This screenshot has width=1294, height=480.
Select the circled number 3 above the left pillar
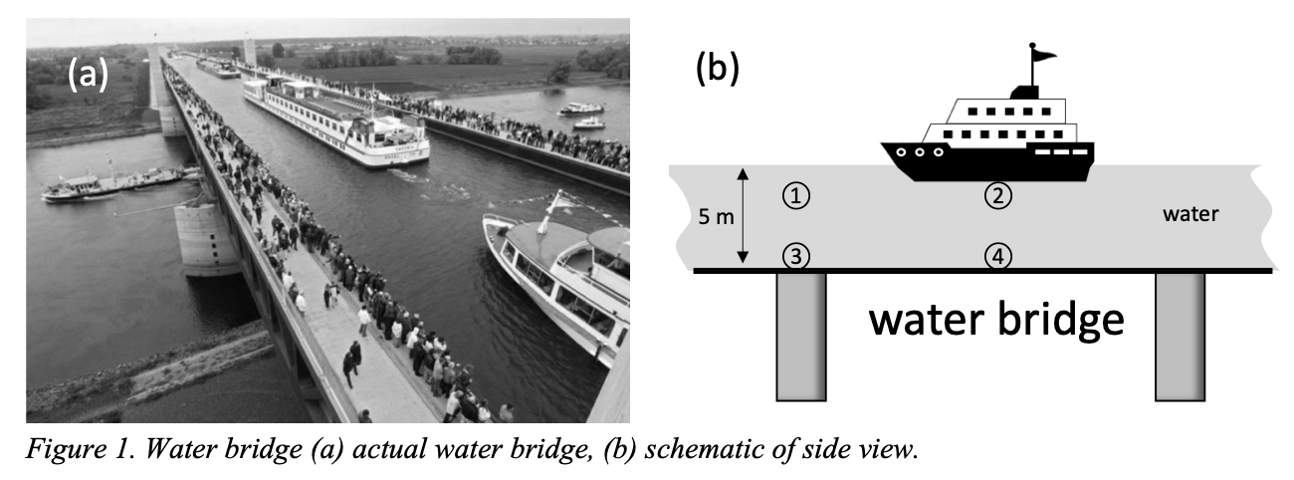click(x=796, y=257)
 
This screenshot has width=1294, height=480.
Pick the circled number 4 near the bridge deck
click(x=998, y=257)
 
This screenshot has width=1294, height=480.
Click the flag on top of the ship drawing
click(x=1042, y=56)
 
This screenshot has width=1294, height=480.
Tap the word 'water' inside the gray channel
click(x=1189, y=213)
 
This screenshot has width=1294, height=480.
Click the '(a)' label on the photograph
click(x=87, y=74)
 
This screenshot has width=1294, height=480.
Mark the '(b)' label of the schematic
click(x=717, y=70)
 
